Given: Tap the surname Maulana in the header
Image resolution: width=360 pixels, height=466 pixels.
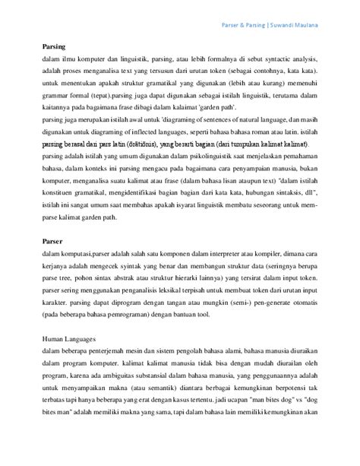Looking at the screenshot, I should tap(318, 25).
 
